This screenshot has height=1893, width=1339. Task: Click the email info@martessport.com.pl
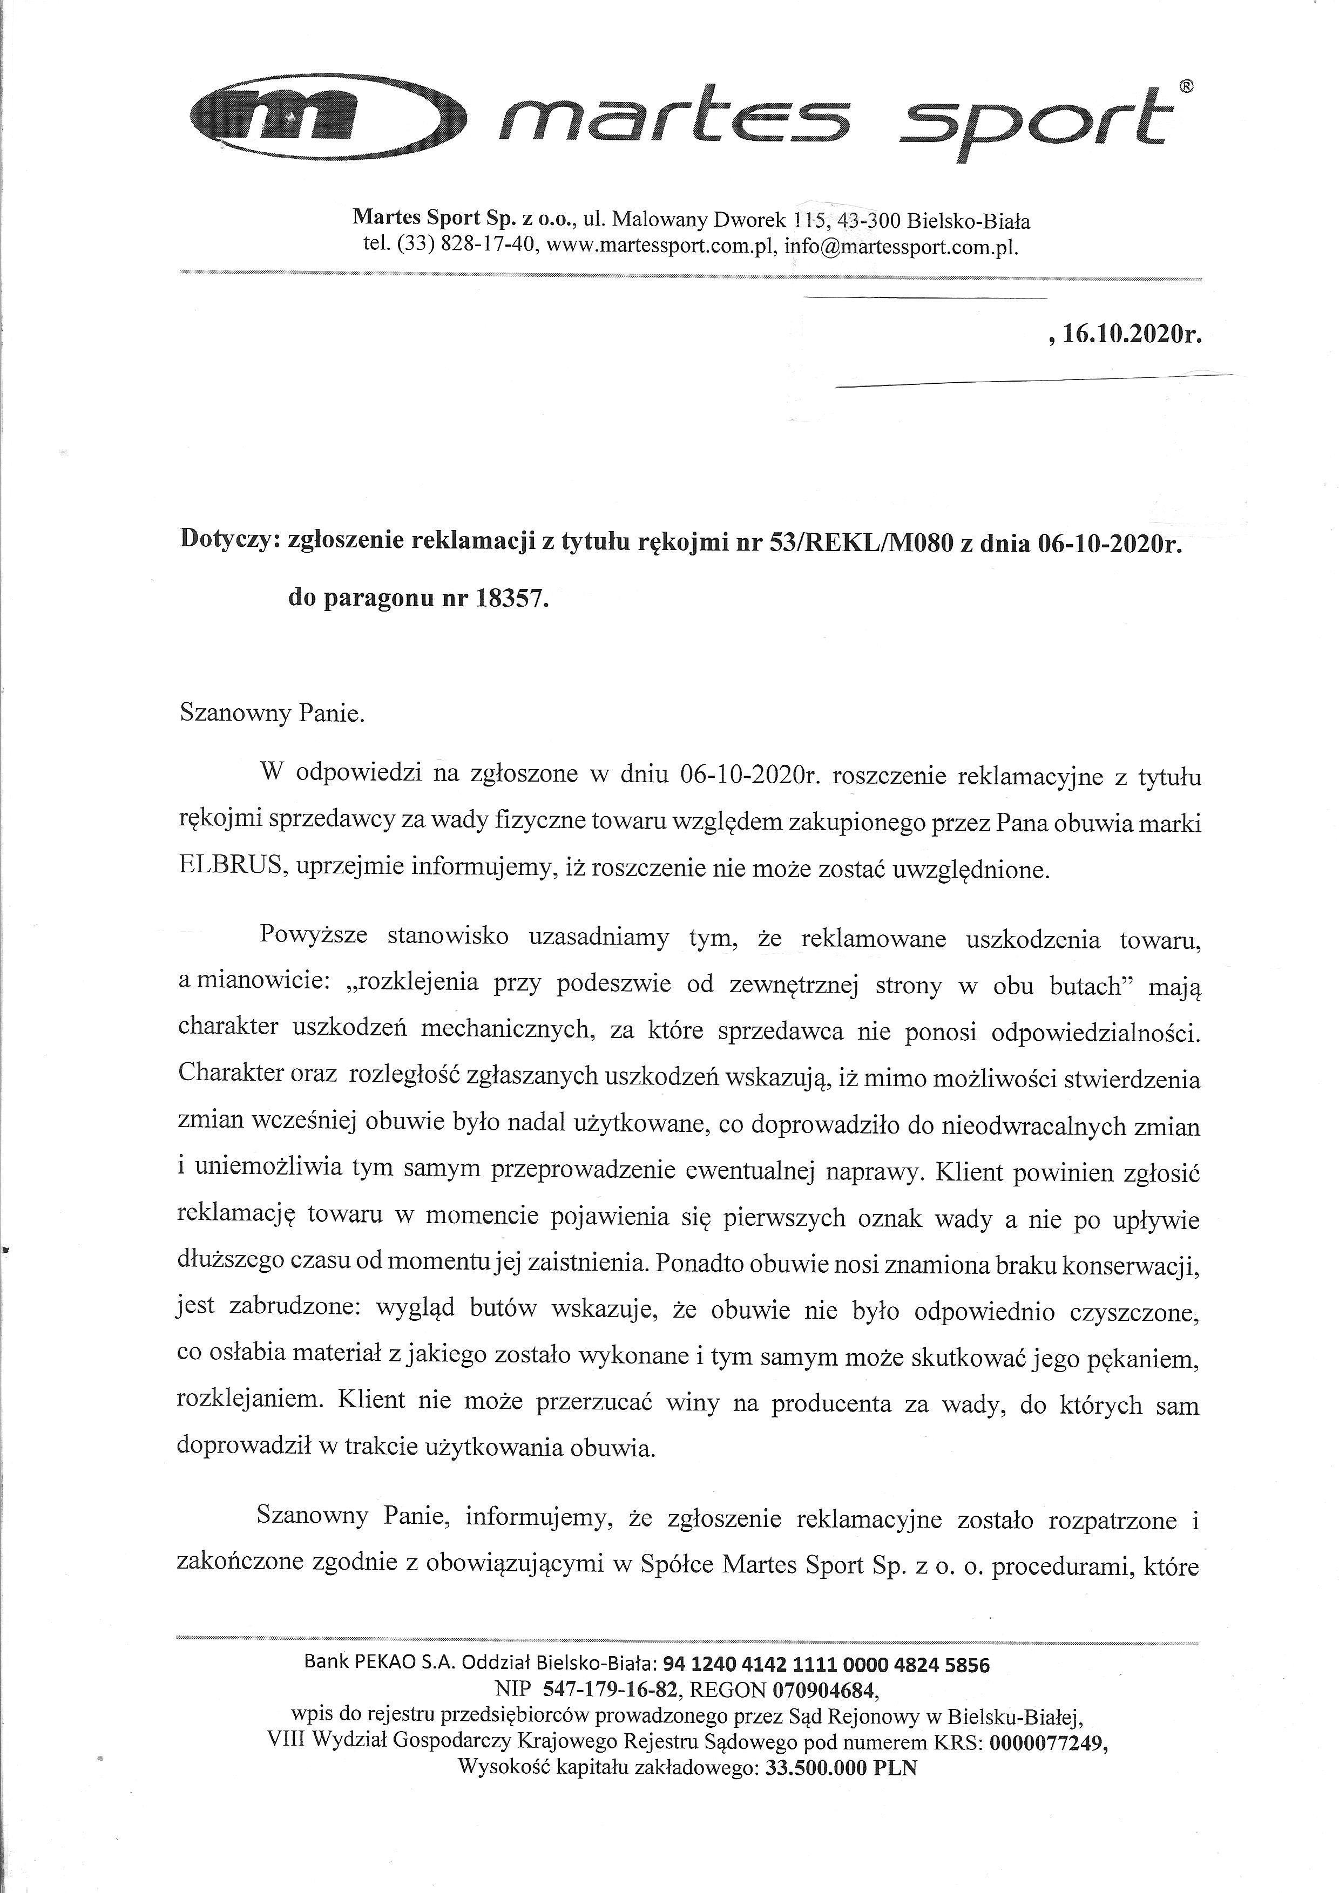pos(901,247)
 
